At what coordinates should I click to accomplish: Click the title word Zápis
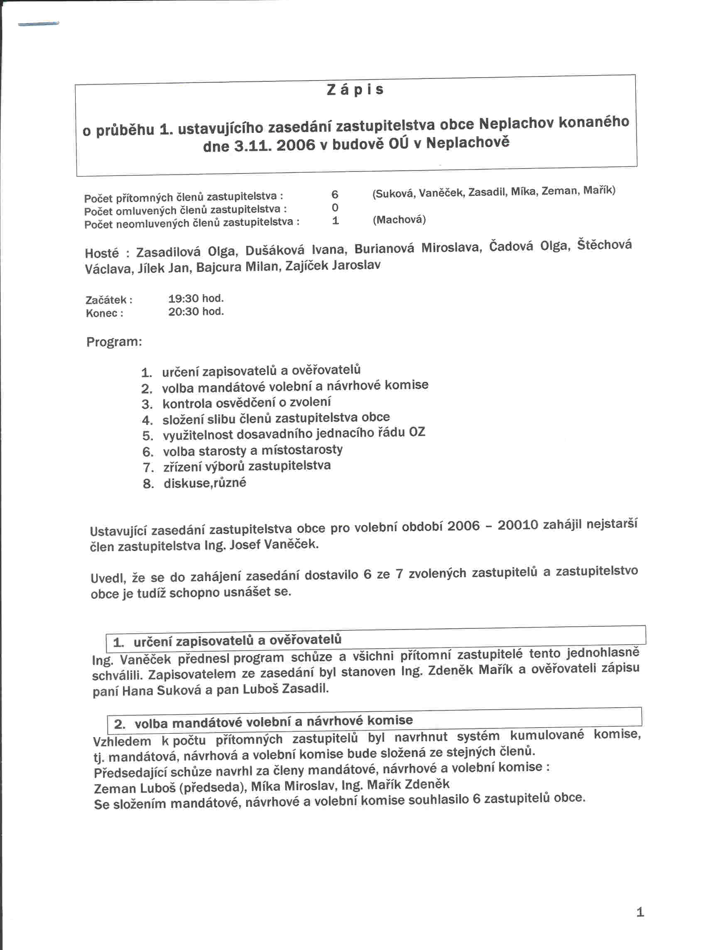point(355,90)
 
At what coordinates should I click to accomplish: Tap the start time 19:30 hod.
point(196,298)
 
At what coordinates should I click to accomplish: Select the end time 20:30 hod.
point(196,312)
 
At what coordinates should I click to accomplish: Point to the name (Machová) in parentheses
point(399,220)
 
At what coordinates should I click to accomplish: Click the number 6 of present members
point(335,195)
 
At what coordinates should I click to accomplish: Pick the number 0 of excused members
point(335,208)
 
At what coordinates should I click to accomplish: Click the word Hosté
point(102,253)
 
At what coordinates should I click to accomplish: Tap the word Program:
point(114,342)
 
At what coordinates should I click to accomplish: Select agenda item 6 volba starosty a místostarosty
point(252,450)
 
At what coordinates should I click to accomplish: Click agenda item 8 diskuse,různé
point(205,484)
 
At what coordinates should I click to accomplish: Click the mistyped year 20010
point(517,525)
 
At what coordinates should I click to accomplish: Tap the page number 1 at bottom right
point(640,912)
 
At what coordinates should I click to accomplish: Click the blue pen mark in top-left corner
point(39,24)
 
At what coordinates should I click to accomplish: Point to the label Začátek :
point(109,300)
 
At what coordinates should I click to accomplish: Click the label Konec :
point(105,313)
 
